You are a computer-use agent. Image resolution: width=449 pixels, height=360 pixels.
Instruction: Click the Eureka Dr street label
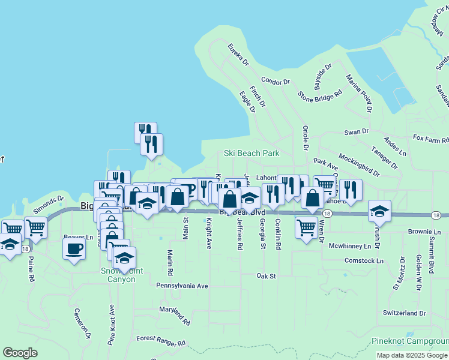pyautogui.click(x=238, y=54)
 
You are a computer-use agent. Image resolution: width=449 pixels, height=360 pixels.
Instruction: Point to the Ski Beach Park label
pyautogui.click(x=252, y=153)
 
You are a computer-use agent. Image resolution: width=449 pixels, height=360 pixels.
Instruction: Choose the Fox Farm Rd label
pyautogui.click(x=430, y=138)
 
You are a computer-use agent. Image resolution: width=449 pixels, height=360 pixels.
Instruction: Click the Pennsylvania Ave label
pyautogui.click(x=182, y=286)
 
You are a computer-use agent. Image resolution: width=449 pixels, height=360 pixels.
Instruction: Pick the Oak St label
pyautogui.click(x=265, y=276)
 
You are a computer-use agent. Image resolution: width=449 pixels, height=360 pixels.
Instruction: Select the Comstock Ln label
pyautogui.click(x=364, y=260)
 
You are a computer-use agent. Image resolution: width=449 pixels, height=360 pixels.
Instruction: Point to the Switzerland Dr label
pyautogui.click(x=404, y=313)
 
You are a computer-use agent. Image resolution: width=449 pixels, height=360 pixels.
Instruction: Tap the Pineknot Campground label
pyautogui.click(x=410, y=341)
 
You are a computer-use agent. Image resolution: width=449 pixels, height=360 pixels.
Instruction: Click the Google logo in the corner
pyautogui.click(x=20, y=353)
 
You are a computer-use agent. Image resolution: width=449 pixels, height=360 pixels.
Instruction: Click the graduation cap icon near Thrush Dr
pyautogui.click(x=379, y=211)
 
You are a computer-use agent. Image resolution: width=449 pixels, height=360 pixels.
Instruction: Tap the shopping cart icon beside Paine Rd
pyautogui.click(x=35, y=227)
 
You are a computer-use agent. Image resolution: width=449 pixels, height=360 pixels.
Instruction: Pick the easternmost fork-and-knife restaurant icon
pyautogui.click(x=350, y=190)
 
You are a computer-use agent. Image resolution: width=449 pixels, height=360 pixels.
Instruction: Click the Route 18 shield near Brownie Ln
pyautogui.click(x=436, y=215)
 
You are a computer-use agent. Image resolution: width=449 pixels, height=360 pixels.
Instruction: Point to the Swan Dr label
pyautogui.click(x=356, y=131)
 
